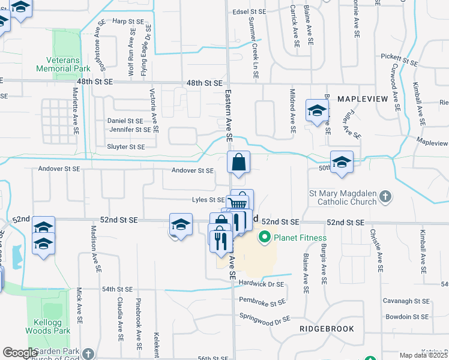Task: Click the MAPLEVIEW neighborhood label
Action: tap(360, 98)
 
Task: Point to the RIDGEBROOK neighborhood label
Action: tap(327, 329)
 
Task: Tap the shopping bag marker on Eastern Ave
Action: tap(238, 162)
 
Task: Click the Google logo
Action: tap(19, 353)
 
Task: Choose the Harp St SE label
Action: tap(128, 21)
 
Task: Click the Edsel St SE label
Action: tap(249, 11)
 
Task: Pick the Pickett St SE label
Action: tap(399, 61)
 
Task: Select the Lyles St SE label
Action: tap(208, 200)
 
